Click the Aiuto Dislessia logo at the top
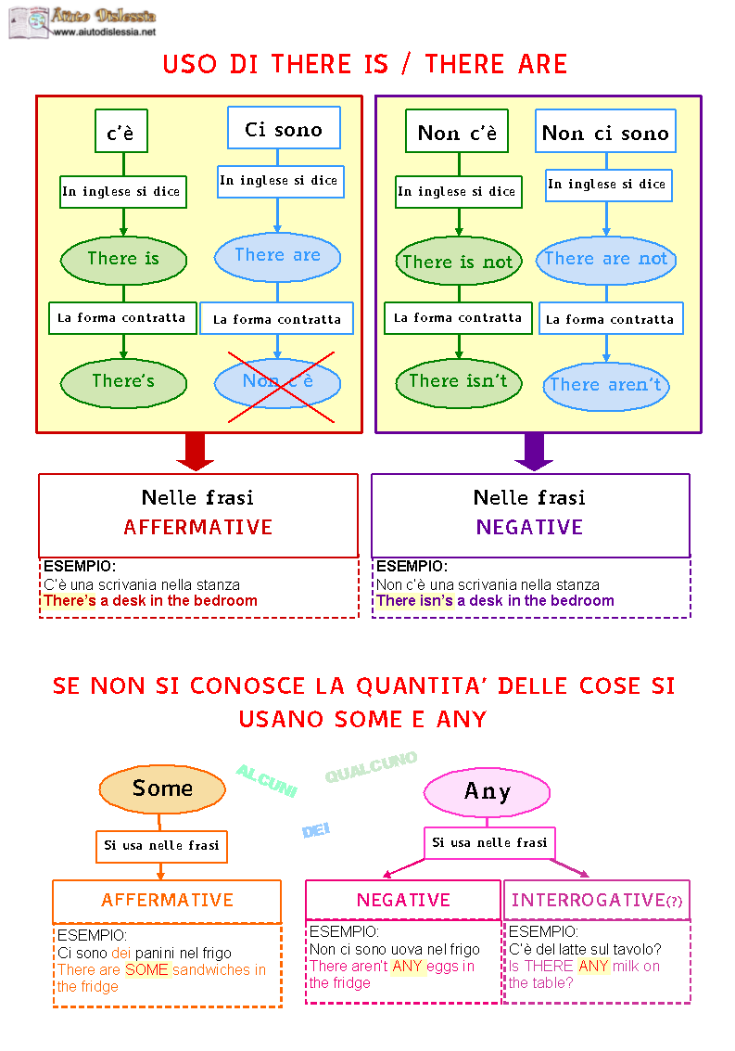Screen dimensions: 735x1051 pos(83,23)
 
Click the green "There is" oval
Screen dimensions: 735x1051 pos(123,260)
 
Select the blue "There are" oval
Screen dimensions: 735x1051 pos(277,257)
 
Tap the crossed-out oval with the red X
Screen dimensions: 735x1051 pos(277,383)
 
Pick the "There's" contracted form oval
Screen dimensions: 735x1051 pos(123,383)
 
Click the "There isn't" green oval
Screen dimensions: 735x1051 pos(459,383)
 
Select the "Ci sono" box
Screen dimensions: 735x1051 pos(284,128)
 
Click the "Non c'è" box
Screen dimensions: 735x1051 pos(457,132)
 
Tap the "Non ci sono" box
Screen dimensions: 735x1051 pos(605,132)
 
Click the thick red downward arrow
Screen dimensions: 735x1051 pos(195,452)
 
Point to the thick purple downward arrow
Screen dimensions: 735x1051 pos(534,452)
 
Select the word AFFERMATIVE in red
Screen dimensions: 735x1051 pos(197,528)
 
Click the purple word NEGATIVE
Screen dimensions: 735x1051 pos(529,528)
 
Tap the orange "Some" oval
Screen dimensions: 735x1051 pos(162,789)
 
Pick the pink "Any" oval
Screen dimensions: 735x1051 pos(488,792)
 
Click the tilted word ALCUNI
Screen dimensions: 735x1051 pos(267,781)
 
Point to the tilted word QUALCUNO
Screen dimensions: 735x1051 pos(371,767)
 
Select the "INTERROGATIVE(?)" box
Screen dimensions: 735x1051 pos(596,900)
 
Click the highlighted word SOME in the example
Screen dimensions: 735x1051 pos(146,970)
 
